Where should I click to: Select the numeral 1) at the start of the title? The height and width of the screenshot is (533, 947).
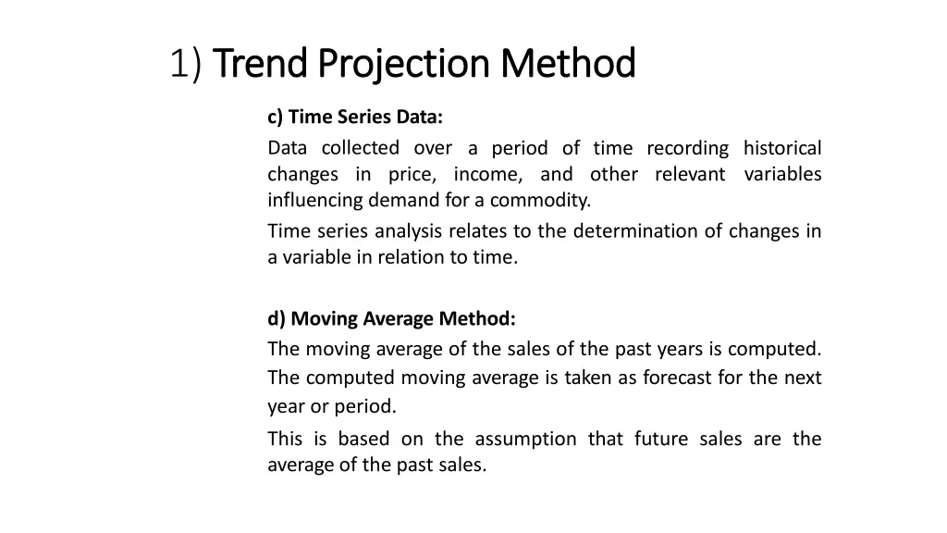pyautogui.click(x=187, y=64)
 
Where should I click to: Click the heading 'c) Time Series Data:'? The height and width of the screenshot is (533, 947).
pyautogui.click(x=355, y=118)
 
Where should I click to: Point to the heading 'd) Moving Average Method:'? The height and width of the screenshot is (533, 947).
pyautogui.click(x=392, y=319)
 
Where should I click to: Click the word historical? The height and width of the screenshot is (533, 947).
pyautogui.click(x=782, y=148)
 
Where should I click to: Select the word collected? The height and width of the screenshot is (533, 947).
pyautogui.click(x=361, y=148)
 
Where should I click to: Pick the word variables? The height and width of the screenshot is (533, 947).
pyautogui.click(x=782, y=174)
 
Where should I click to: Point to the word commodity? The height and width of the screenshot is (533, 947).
pyautogui.click(x=539, y=200)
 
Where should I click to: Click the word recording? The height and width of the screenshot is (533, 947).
pyautogui.click(x=687, y=148)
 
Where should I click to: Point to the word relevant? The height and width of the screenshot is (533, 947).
pyautogui.click(x=690, y=174)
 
